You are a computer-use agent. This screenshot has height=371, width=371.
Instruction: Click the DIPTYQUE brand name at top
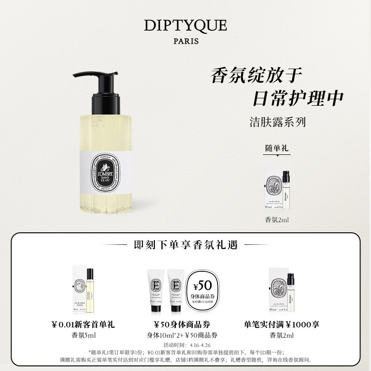185,26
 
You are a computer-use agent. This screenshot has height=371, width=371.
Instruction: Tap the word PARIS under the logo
185,41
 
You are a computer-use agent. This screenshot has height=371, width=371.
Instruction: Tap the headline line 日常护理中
297,98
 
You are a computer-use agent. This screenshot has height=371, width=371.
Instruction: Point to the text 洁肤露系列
277,122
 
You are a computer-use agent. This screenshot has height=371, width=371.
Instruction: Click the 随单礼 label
277,148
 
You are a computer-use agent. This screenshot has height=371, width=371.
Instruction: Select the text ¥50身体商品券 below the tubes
185,325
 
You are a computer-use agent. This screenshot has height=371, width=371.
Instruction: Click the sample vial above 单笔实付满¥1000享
292,290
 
